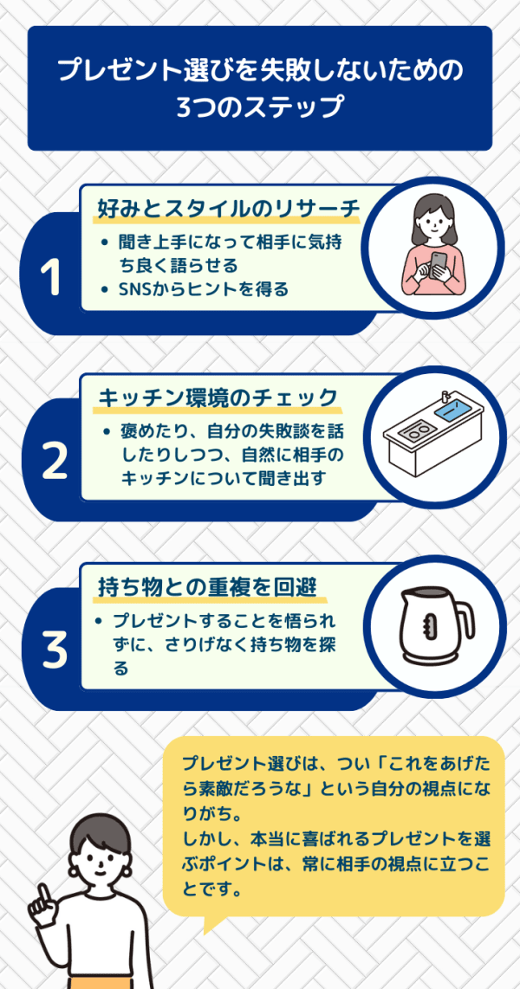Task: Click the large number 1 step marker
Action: (52, 278)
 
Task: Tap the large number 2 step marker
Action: (55, 461)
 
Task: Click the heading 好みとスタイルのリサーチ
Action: (229, 208)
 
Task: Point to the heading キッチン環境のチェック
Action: (218, 398)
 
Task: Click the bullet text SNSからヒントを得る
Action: (203, 289)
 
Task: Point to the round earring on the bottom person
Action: (130, 870)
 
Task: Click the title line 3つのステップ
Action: (259, 106)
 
